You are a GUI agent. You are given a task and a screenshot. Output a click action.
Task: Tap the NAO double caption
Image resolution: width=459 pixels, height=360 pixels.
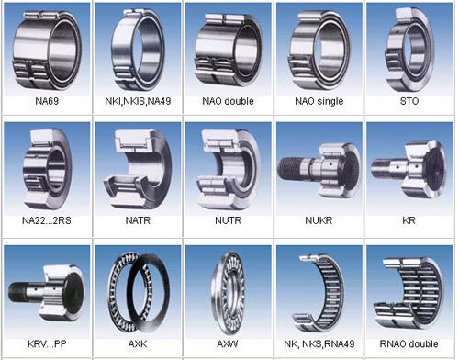tap(227, 101)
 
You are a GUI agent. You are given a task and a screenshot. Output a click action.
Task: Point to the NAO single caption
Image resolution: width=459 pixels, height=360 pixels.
tap(318, 101)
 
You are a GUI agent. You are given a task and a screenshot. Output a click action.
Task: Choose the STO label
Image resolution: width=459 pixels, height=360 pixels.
tap(409, 101)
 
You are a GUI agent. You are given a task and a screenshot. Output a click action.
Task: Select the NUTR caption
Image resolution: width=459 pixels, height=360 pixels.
tap(227, 221)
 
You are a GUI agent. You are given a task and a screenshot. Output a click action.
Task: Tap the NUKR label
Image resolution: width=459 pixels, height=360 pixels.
tap(318, 221)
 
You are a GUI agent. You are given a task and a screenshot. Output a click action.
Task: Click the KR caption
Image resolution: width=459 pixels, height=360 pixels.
tap(409, 221)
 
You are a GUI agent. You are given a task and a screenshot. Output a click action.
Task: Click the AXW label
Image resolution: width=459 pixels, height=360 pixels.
tap(227, 343)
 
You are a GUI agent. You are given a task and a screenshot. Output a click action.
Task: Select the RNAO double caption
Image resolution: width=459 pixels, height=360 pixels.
tap(409, 343)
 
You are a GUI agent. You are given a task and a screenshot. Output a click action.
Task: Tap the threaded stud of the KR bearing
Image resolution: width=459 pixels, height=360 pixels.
tap(382, 171)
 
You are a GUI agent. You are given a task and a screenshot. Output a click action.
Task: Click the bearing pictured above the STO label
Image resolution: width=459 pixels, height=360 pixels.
tap(409, 46)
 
